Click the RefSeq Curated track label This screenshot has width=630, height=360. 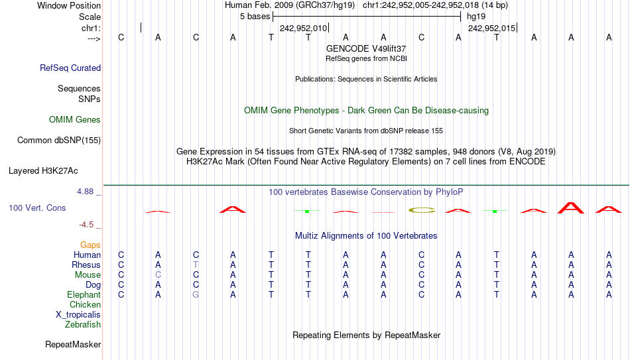pyautogui.click(x=70, y=68)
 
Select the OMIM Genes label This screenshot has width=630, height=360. pyautogui.click(x=75, y=120)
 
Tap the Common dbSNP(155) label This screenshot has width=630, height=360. pyautogui.click(x=59, y=141)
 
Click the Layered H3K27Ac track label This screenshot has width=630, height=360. pyautogui.click(x=43, y=171)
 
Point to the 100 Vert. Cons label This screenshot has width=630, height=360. pyautogui.click(x=37, y=208)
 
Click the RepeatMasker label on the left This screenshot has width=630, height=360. pyautogui.click(x=73, y=344)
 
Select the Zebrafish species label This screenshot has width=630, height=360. pyautogui.click(x=83, y=325)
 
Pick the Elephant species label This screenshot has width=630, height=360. pyautogui.click(x=84, y=295)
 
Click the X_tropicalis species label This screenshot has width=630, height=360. pyautogui.click(x=78, y=315)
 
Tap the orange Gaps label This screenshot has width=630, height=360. pyautogui.click(x=90, y=245)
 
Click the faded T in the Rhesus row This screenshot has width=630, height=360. pyautogui.click(x=196, y=265)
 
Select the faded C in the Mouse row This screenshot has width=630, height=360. pyautogui.click(x=158, y=275)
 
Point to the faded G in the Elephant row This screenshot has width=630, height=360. pyautogui.click(x=196, y=295)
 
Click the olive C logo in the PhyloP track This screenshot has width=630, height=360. pyautogui.click(x=422, y=210)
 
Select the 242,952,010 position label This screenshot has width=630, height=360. pyautogui.click(x=303, y=29)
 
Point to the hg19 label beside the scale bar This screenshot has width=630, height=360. pyautogui.click(x=476, y=17)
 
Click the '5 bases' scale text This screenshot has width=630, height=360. pyautogui.click(x=255, y=17)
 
